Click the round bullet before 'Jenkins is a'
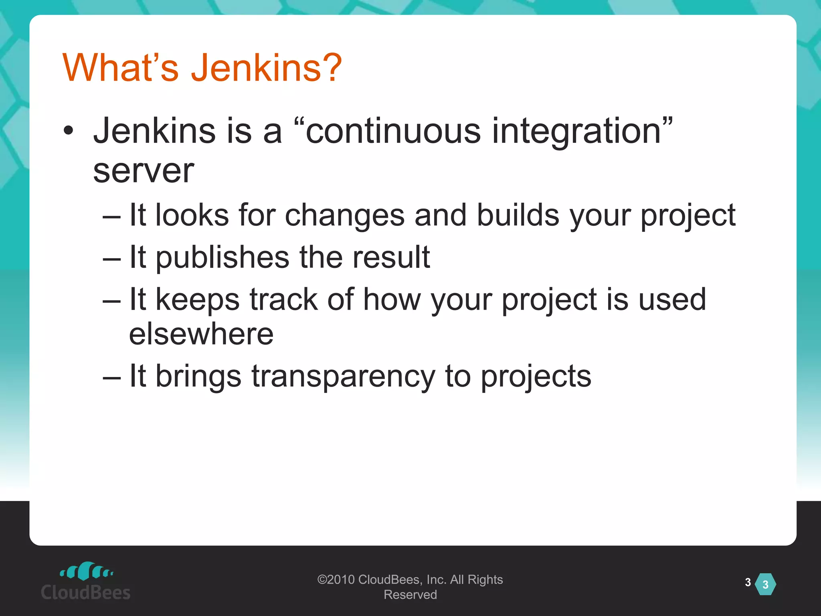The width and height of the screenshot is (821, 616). click(x=69, y=131)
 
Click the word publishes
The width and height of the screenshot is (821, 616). click(x=222, y=257)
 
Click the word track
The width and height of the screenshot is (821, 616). click(x=283, y=299)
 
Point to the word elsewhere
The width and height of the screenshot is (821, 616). click(x=201, y=334)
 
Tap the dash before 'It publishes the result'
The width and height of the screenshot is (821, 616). click(x=111, y=259)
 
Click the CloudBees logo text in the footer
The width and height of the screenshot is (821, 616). click(x=86, y=592)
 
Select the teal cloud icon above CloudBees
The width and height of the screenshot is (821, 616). click(x=86, y=571)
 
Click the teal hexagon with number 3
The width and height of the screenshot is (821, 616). click(x=765, y=584)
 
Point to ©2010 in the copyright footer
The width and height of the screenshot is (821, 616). click(x=336, y=580)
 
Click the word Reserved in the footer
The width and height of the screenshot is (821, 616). click(x=410, y=595)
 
